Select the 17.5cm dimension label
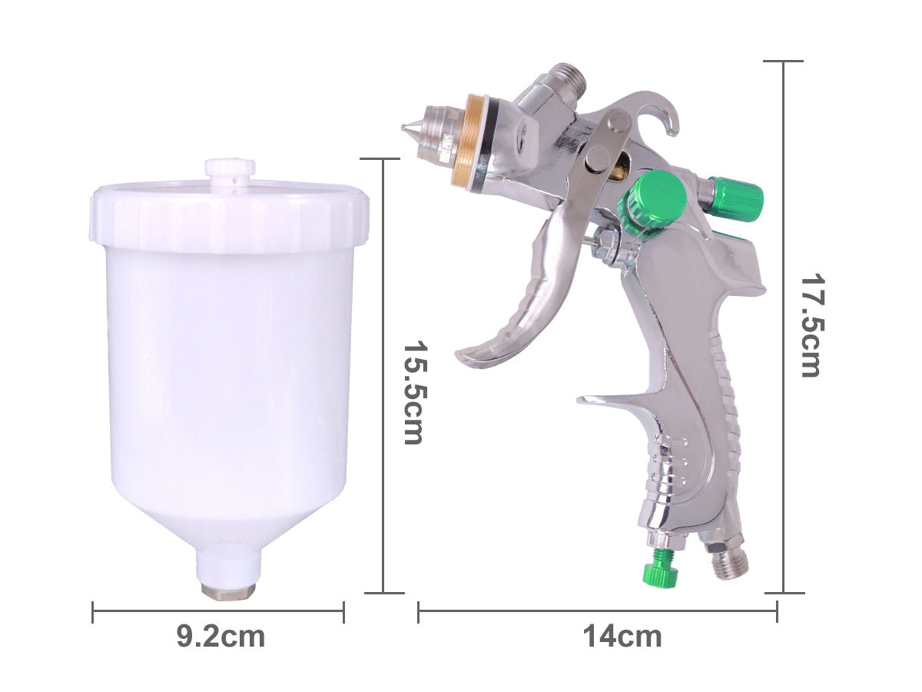811,326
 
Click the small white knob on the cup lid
230,171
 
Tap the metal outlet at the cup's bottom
229,590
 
